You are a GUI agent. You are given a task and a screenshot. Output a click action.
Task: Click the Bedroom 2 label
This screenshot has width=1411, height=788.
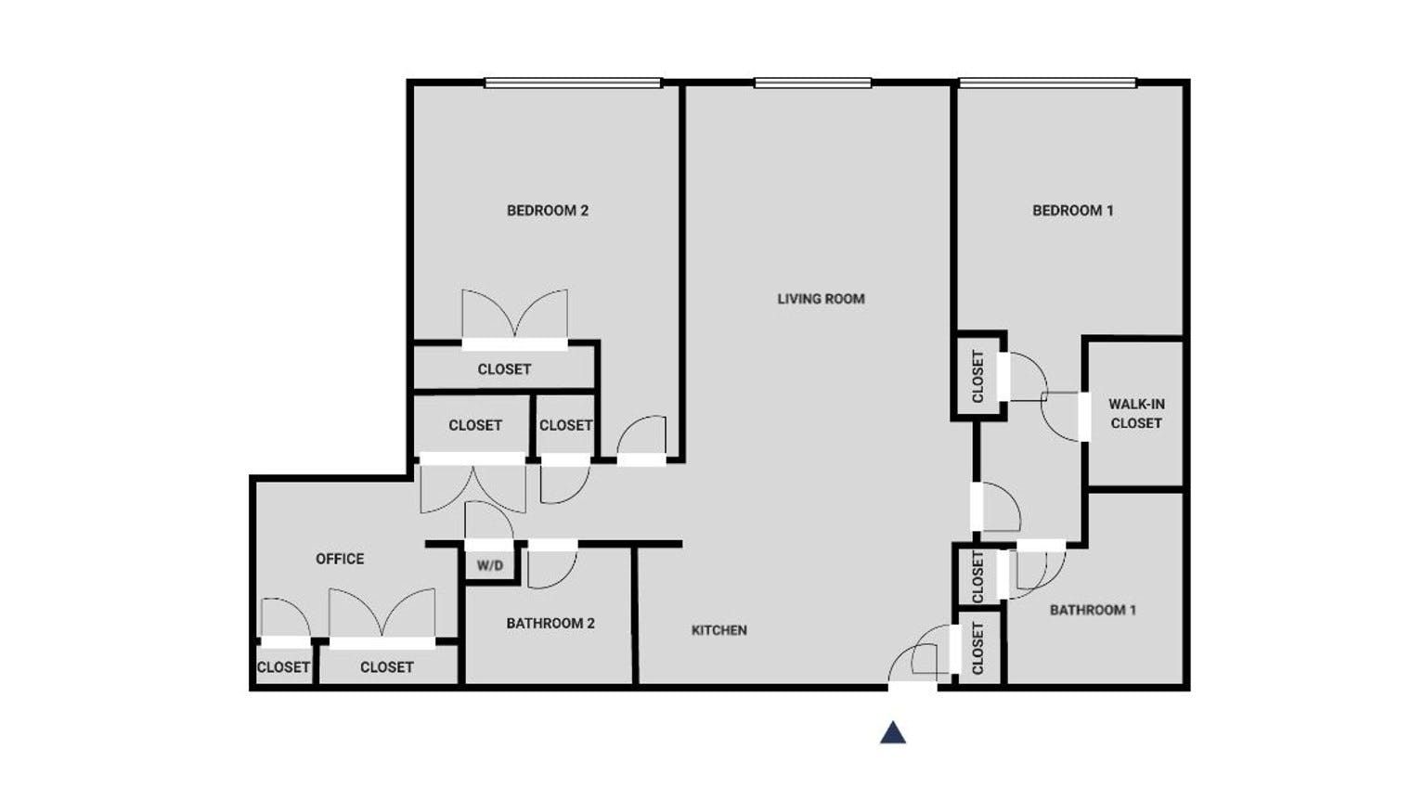click(548, 211)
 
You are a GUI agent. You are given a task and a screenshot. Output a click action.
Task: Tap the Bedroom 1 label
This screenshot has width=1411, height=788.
click(1073, 211)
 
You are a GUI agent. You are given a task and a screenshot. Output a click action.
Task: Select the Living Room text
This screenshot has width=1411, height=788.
click(821, 299)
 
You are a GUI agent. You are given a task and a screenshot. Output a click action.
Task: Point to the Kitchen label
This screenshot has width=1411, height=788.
click(718, 630)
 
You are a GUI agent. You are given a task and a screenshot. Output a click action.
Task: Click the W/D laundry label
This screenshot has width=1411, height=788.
click(490, 565)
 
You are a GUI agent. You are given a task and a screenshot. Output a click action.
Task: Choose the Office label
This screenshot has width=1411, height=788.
click(340, 559)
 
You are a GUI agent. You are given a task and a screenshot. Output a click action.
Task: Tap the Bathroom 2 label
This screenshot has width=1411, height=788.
click(550, 623)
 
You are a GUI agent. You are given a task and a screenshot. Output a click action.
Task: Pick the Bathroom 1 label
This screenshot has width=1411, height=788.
click(1093, 610)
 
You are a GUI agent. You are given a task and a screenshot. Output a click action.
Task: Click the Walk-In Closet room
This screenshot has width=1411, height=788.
click(1135, 414)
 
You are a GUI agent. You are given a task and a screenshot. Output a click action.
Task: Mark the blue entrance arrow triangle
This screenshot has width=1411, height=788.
click(893, 733)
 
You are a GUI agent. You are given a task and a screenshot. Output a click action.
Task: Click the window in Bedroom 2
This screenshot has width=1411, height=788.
click(573, 83)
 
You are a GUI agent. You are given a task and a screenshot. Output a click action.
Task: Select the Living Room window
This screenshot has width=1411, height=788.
click(812, 83)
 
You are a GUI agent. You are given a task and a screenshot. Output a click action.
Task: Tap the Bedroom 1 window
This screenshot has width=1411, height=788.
click(1047, 83)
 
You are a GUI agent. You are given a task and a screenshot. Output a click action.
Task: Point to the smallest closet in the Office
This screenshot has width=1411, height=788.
click(283, 665)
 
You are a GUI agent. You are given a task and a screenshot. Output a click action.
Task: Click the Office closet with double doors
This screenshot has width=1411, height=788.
click(387, 665)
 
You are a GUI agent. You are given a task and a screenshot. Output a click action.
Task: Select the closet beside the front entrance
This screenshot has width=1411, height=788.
click(977, 648)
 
